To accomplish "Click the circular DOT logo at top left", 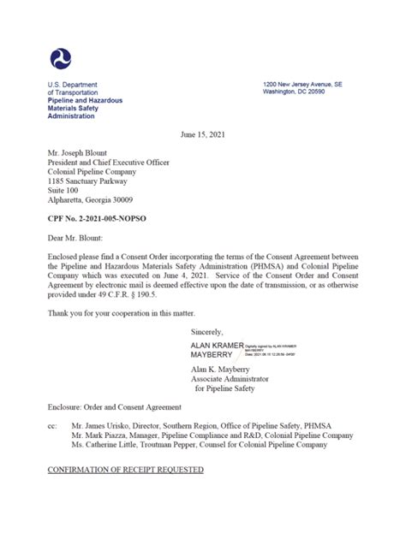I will click(61, 58).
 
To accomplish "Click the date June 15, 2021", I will click(202, 135).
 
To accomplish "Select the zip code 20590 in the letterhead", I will click(325, 92).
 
